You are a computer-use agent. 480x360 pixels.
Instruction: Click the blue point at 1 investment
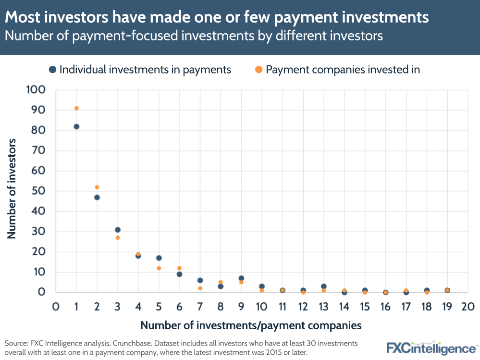[x=76, y=126]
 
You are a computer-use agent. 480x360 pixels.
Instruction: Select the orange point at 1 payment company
[x=76, y=108]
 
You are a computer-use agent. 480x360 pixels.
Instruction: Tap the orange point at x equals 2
[x=97, y=187]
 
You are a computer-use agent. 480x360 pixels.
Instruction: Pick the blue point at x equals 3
[x=118, y=230]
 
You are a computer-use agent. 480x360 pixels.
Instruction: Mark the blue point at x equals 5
[x=159, y=258]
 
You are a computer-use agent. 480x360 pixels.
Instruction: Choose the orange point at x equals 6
[x=179, y=268]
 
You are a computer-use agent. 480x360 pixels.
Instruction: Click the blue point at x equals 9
[x=241, y=278]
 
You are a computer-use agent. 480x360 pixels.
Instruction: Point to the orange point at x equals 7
[x=200, y=288]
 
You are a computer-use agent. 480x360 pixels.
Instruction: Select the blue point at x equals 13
[x=324, y=286]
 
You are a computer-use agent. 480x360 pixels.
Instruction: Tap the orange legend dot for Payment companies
[x=259, y=70]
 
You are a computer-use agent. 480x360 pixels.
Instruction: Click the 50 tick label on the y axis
[x=39, y=191]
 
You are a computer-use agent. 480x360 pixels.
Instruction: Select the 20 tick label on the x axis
[x=468, y=307]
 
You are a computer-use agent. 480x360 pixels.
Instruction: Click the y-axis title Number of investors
[x=12, y=188]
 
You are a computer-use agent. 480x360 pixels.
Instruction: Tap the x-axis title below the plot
[x=251, y=326]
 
